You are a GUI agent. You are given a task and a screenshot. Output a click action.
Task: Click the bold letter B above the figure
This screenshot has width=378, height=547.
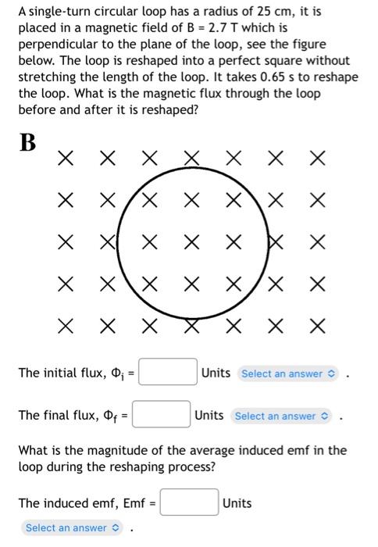[x=28, y=143]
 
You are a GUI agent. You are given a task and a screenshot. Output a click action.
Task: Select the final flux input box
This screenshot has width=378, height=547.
[x=162, y=415]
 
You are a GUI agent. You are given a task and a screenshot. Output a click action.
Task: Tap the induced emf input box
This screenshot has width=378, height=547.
[x=190, y=502]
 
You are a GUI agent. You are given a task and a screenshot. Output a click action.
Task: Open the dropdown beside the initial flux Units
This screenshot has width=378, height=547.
[x=290, y=374]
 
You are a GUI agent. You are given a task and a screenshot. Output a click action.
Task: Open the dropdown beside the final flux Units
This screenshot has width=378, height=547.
[x=283, y=416]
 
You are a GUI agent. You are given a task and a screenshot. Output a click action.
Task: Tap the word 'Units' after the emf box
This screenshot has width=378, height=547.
[x=237, y=502]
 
